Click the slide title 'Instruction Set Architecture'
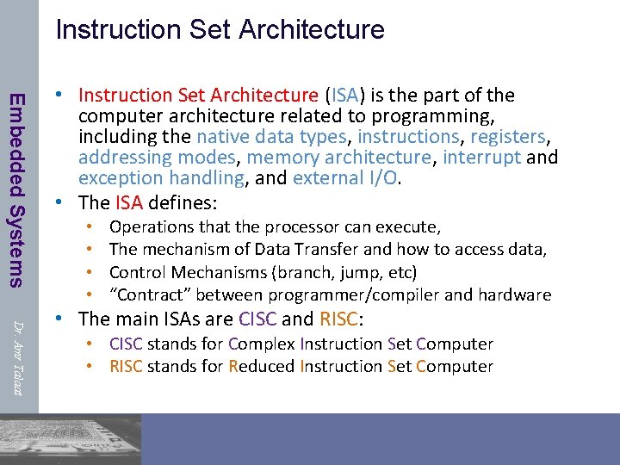220,29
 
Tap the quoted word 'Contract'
151,294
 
